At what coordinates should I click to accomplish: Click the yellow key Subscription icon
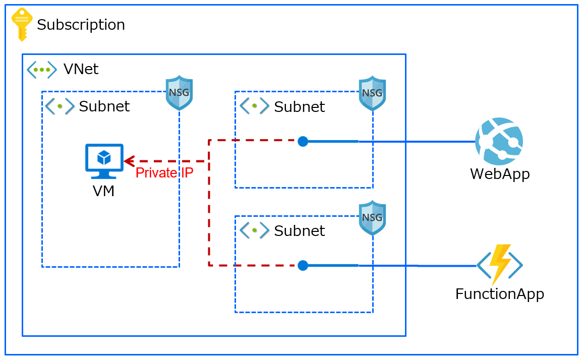(22, 24)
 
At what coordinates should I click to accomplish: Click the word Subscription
(81, 25)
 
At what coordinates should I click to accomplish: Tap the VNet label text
(81, 69)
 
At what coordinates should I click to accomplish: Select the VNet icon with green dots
(41, 70)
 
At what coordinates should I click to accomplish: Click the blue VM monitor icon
(104, 161)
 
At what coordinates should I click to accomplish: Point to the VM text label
(103, 191)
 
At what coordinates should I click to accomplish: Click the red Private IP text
(164, 173)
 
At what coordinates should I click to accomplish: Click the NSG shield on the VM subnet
(179, 93)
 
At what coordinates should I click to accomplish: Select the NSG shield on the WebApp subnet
(372, 93)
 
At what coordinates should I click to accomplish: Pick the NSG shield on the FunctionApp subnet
(372, 218)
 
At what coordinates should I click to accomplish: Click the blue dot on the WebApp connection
(303, 142)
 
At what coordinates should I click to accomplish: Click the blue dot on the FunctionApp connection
(303, 266)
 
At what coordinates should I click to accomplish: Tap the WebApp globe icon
(499, 142)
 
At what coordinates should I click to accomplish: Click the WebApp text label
(500, 174)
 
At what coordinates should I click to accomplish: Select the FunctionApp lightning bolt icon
(500, 265)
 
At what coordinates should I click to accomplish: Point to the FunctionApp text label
(499, 294)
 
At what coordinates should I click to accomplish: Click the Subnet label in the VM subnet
(104, 106)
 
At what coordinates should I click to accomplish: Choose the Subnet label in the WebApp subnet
(299, 107)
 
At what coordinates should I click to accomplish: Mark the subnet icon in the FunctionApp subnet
(254, 230)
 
